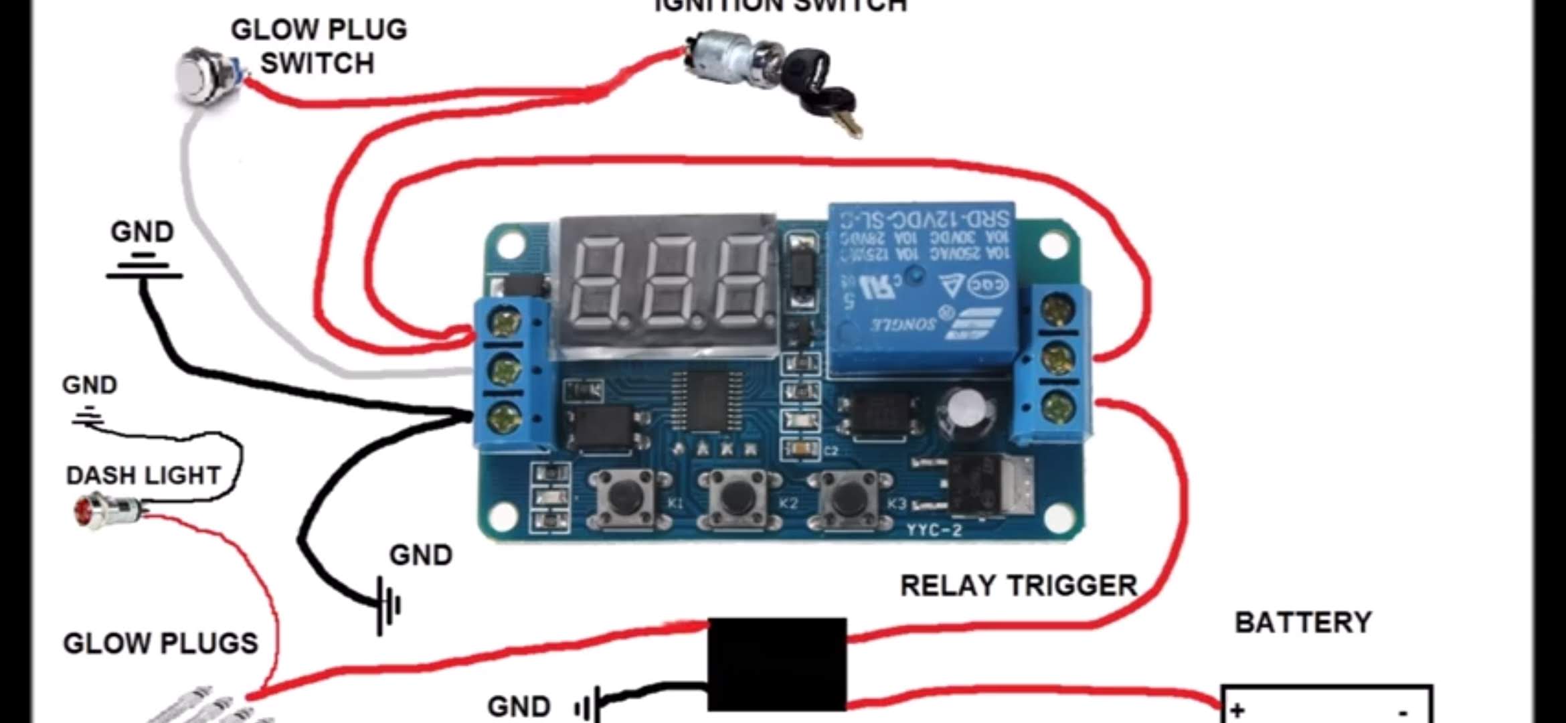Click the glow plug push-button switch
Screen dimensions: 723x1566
tap(203, 74)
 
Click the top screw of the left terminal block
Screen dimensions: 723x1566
tap(506, 322)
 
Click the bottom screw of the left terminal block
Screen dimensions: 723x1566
tap(506, 419)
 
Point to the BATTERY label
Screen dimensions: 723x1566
tap(1302, 623)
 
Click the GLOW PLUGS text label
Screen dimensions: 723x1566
tap(161, 643)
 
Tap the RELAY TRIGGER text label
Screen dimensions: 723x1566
tap(1019, 586)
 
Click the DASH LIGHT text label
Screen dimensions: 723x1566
tap(143, 475)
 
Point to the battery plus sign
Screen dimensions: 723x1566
tap(1237, 710)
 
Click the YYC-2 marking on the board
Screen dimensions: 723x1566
tap(934, 530)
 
